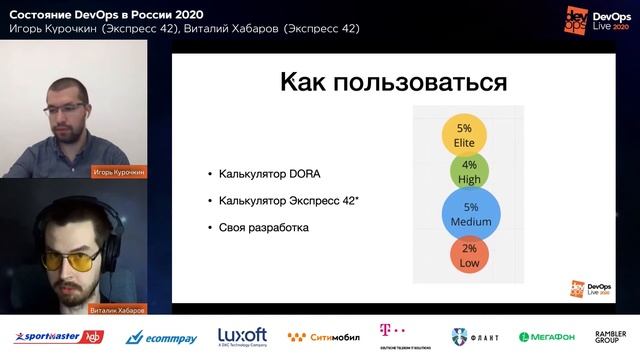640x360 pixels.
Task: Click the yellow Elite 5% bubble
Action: point(464,135)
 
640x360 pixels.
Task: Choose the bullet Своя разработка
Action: point(263,228)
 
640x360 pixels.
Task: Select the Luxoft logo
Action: point(243,336)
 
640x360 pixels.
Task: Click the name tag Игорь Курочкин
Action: point(119,171)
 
